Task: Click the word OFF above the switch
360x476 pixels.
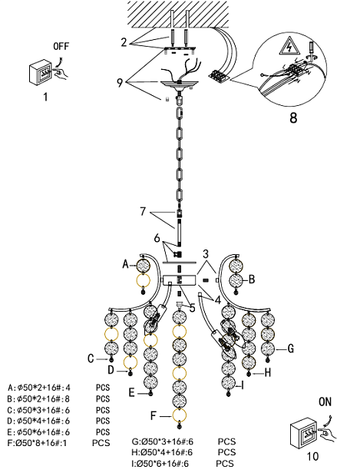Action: click(x=61, y=46)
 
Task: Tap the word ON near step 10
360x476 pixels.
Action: click(x=325, y=402)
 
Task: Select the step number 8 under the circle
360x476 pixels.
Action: click(x=293, y=117)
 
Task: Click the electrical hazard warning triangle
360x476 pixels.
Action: click(x=289, y=46)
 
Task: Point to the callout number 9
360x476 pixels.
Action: click(x=120, y=83)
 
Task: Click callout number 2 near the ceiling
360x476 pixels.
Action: click(x=124, y=42)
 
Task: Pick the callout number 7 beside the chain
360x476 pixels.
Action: click(x=143, y=212)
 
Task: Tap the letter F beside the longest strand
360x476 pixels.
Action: click(x=154, y=416)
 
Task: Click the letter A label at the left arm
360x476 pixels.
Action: click(x=125, y=264)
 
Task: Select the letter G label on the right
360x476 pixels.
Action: click(x=290, y=349)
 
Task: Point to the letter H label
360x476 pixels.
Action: click(x=267, y=372)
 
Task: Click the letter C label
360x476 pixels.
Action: click(x=91, y=359)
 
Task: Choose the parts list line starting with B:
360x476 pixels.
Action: click(x=58, y=398)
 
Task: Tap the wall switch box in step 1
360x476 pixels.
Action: click(x=40, y=72)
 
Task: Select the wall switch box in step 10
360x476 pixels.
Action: click(x=302, y=434)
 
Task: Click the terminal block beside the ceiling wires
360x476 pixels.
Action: click(x=219, y=76)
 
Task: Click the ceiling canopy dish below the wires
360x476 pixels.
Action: click(x=180, y=84)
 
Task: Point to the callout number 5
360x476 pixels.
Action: click(x=193, y=308)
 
